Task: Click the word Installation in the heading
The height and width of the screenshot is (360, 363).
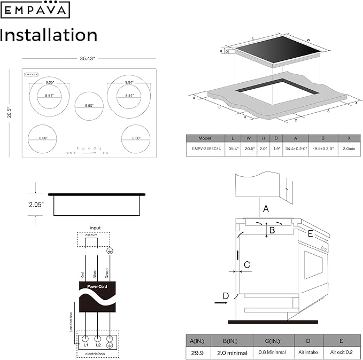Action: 49,35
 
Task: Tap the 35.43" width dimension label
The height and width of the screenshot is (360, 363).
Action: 88,58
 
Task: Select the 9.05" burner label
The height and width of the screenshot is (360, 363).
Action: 50,83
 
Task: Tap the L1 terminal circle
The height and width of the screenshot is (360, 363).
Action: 86,339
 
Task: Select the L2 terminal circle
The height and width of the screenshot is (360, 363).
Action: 98,339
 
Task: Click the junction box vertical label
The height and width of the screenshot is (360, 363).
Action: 71,320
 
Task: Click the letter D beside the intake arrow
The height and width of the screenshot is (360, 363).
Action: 226,296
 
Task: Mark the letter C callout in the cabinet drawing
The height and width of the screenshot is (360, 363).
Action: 247,264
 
